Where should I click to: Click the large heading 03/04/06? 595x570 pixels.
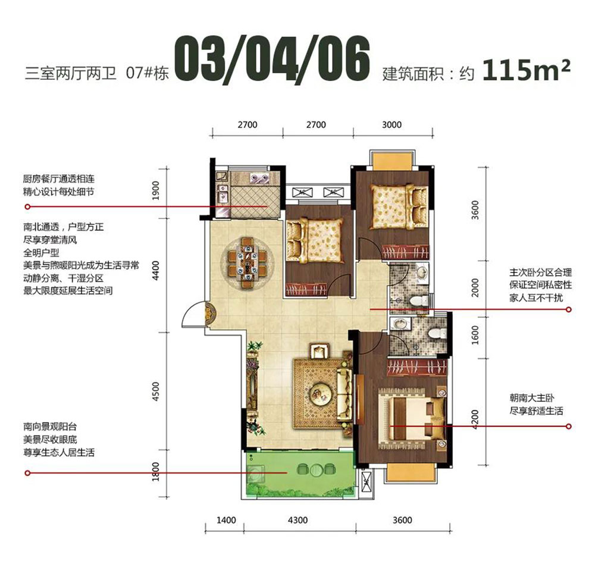(x=273, y=59)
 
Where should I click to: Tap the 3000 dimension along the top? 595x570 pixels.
(x=392, y=125)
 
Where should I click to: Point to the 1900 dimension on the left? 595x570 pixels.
(x=156, y=193)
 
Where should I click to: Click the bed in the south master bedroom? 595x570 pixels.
(x=411, y=418)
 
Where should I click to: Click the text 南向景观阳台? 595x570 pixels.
(x=51, y=427)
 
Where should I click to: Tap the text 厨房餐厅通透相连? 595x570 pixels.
(x=58, y=178)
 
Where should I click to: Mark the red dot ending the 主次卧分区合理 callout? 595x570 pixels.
(x=569, y=310)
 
